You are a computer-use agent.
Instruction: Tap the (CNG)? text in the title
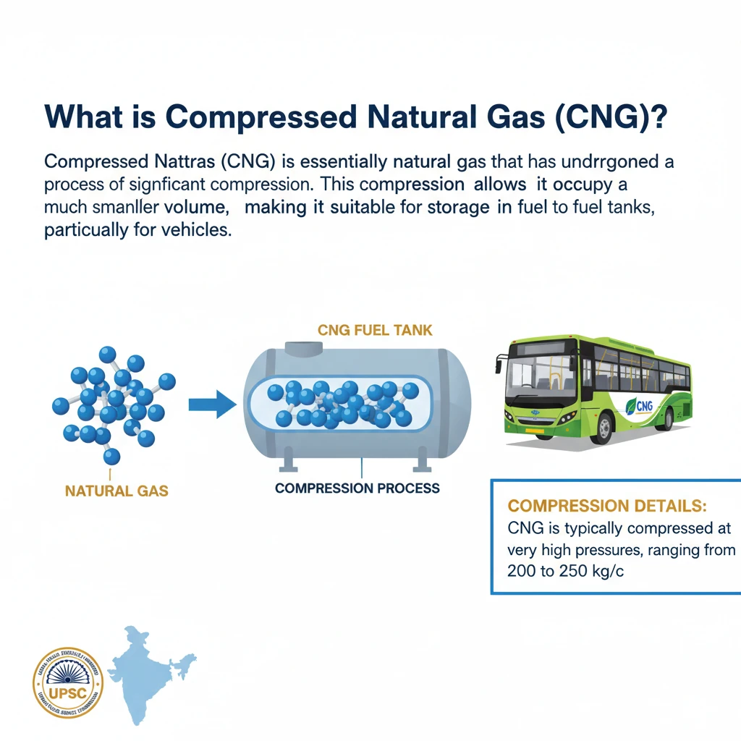click(x=608, y=118)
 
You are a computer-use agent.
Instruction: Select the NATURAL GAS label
click(x=117, y=491)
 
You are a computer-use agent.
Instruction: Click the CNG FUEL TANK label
click(x=375, y=331)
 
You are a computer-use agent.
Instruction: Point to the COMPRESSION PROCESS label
click(x=357, y=488)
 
